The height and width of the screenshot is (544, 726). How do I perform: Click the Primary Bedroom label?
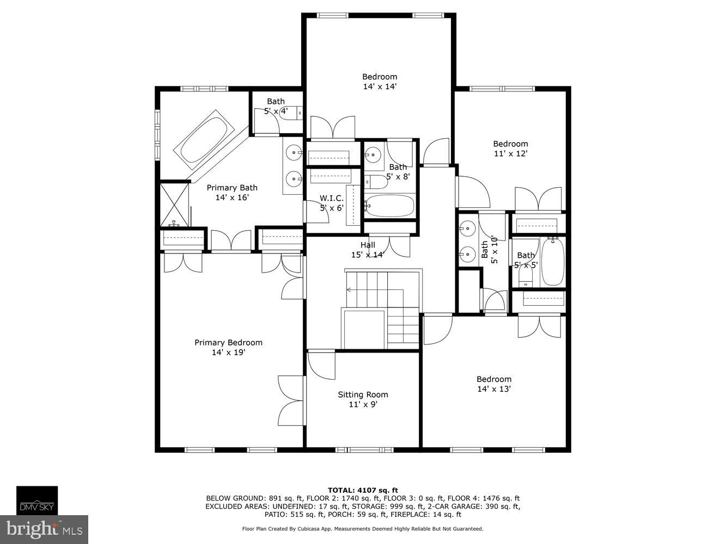(x=228, y=343)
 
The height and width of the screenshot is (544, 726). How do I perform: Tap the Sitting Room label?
(x=363, y=395)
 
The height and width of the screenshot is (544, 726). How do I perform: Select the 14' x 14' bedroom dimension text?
(x=380, y=86)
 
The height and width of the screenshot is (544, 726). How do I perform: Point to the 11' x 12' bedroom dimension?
(x=510, y=154)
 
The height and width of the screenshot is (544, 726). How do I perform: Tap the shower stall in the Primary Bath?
(x=174, y=205)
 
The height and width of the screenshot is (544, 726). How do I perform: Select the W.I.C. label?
(x=331, y=198)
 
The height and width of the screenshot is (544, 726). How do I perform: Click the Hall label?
(x=368, y=245)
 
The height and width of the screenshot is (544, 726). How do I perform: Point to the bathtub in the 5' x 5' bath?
(x=553, y=262)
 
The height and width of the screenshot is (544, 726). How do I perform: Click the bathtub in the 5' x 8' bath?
(x=389, y=206)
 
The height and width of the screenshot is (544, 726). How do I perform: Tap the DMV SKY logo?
(x=36, y=500)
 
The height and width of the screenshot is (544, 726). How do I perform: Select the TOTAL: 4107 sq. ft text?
(x=363, y=490)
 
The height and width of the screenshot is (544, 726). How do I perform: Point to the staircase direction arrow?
(x=349, y=289)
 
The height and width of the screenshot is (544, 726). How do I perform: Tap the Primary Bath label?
(x=232, y=188)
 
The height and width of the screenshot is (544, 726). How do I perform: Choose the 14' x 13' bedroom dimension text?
(x=493, y=390)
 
